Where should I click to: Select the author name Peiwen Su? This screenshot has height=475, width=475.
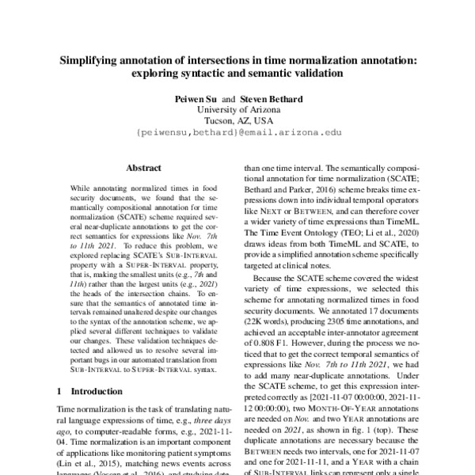[x=191, y=99]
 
